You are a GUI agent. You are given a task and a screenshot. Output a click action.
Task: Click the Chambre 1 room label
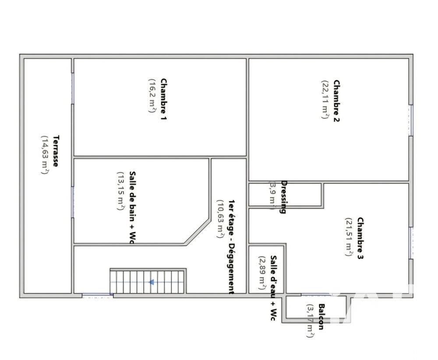[163, 99]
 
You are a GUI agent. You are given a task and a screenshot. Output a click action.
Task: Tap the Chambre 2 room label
[336, 100]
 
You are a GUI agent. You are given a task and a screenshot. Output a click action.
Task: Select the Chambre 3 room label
[360, 238]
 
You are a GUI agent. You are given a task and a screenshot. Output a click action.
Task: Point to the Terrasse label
[56, 151]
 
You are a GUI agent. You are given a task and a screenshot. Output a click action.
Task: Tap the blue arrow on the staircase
[152, 282]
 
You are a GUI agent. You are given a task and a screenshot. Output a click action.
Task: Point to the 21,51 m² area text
[349, 237]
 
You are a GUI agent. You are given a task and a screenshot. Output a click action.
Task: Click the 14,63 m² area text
[45, 155]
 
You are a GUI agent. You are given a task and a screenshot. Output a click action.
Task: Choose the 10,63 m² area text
[220, 219]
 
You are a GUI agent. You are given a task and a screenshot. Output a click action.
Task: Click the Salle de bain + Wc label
[132, 206]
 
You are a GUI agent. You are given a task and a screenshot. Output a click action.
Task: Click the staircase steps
[131, 282]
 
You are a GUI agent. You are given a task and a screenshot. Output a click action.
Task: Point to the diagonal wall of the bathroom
[198, 231]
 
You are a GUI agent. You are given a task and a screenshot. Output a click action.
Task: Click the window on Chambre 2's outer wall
[410, 120]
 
